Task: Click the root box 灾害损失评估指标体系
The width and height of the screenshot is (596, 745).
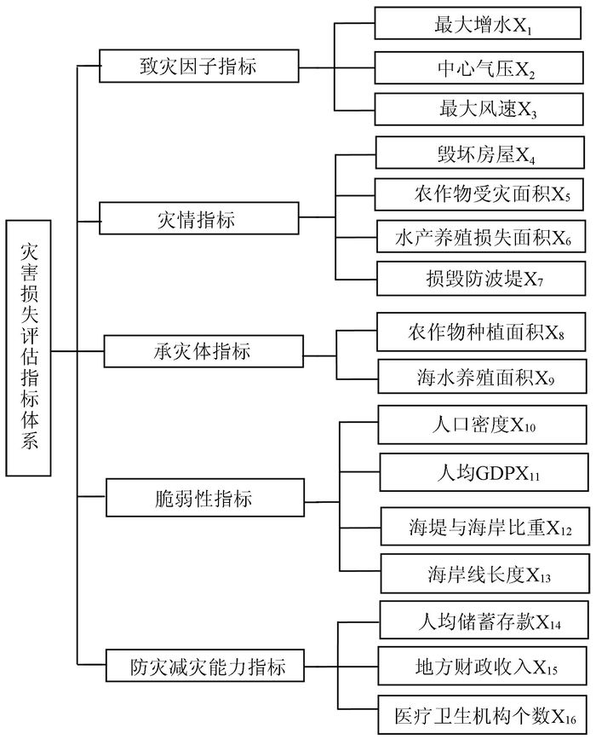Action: pyautogui.click(x=28, y=348)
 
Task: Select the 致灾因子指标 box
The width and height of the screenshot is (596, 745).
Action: pyautogui.click(x=199, y=66)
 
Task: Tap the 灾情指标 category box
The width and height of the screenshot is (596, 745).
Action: pyautogui.click(x=199, y=218)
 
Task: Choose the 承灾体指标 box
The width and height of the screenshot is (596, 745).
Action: pyautogui.click(x=203, y=351)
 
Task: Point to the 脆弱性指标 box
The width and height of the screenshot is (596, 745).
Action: pyautogui.click(x=205, y=498)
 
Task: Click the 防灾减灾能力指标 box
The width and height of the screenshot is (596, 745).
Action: pyautogui.click(x=205, y=665)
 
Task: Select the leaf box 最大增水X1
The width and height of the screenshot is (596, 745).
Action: pyautogui.click(x=478, y=23)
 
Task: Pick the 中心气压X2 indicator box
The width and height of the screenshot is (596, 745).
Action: pyautogui.click(x=479, y=68)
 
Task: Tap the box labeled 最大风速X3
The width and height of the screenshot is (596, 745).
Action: pyautogui.click(x=479, y=109)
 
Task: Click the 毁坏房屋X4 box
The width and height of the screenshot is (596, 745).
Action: pyautogui.click(x=479, y=153)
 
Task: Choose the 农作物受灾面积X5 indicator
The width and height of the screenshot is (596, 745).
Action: pyautogui.click(x=479, y=193)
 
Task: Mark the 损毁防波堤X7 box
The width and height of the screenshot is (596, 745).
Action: pyautogui.click(x=481, y=278)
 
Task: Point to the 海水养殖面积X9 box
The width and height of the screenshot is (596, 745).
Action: pyautogui.click(x=482, y=376)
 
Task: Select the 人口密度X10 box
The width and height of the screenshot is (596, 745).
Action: pyautogui.click(x=482, y=424)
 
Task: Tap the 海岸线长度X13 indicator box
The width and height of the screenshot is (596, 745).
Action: pyautogui.click(x=485, y=574)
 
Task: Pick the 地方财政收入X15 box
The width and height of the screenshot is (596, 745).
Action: pyautogui.click(x=483, y=665)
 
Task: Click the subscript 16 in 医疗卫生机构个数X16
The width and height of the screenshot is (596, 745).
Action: pyautogui.click(x=570, y=719)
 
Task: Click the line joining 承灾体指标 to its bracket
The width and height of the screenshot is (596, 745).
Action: pyautogui.click(x=320, y=355)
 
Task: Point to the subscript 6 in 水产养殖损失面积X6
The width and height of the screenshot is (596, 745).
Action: pyautogui.click(x=568, y=240)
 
